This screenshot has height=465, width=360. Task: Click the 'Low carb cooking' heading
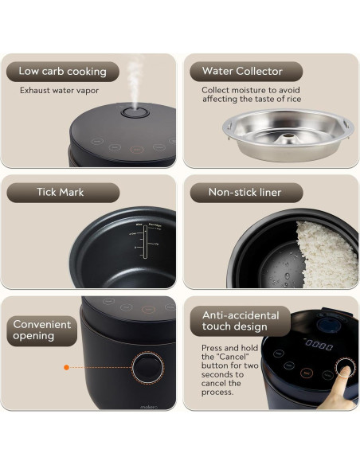[62, 72]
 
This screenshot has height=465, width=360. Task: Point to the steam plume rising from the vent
[135, 80]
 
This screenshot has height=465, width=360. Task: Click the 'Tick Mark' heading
[60, 193]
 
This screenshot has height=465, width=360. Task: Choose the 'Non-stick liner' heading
[244, 193]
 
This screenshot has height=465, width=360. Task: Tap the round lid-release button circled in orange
[146, 368]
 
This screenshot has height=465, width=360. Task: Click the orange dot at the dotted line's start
[67, 368]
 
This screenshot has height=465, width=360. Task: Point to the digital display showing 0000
[319, 345]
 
